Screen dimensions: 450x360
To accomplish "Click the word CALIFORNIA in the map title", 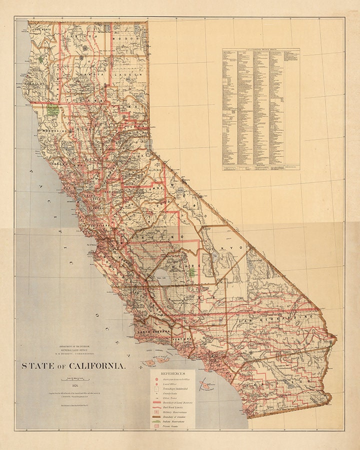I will click(x=98, y=366).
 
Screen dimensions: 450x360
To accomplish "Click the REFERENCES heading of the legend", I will click(x=173, y=373).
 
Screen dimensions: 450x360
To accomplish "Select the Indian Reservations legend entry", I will click(x=173, y=421).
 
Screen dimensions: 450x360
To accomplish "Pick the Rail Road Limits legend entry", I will click(x=173, y=408).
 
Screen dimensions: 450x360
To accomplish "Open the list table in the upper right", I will click(x=260, y=109).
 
